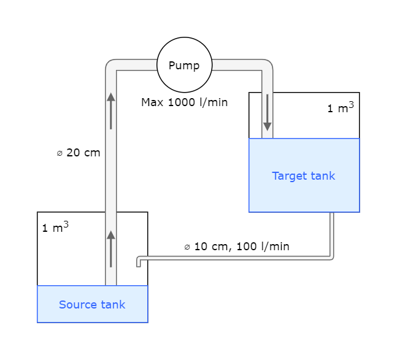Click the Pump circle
point(184,65)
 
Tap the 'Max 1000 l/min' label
point(184,102)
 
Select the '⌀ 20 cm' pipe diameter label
point(78,153)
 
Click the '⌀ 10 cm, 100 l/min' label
point(236,247)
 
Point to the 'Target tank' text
point(303,176)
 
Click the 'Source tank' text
point(92,304)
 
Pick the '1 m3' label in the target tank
point(340,108)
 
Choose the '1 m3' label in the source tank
point(55,228)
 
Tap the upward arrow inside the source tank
point(110,248)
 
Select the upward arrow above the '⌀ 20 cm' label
point(110,110)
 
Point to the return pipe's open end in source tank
point(139,264)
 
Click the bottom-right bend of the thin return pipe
point(331,257)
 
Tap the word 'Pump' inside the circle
point(184,66)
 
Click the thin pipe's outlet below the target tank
point(332,216)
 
